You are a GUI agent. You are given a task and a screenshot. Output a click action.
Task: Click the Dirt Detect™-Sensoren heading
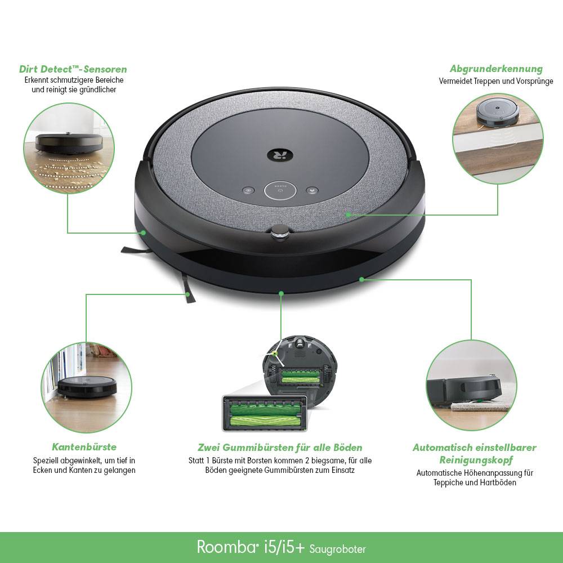[73, 69]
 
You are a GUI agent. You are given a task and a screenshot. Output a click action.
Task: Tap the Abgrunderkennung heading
[496, 69]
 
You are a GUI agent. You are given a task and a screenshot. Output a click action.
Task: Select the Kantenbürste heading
[84, 447]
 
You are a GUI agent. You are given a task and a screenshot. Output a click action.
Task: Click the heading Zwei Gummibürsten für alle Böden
[280, 448]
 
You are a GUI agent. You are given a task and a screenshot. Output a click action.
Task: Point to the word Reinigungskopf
[475, 460]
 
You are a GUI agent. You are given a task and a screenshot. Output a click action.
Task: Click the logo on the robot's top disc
[280, 152]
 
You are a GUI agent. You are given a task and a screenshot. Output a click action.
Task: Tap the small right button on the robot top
[311, 190]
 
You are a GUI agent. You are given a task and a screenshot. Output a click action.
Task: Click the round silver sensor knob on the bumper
[280, 231]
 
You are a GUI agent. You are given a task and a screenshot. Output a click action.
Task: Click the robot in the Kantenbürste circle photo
[87, 385]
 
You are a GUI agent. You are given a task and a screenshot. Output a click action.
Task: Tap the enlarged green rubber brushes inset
[265, 414]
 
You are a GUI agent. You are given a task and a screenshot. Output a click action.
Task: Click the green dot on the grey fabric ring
[348, 215]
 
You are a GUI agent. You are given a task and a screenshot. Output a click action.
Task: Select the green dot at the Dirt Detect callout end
[144, 232]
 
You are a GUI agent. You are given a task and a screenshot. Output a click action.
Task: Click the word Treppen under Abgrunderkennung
[485, 81]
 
